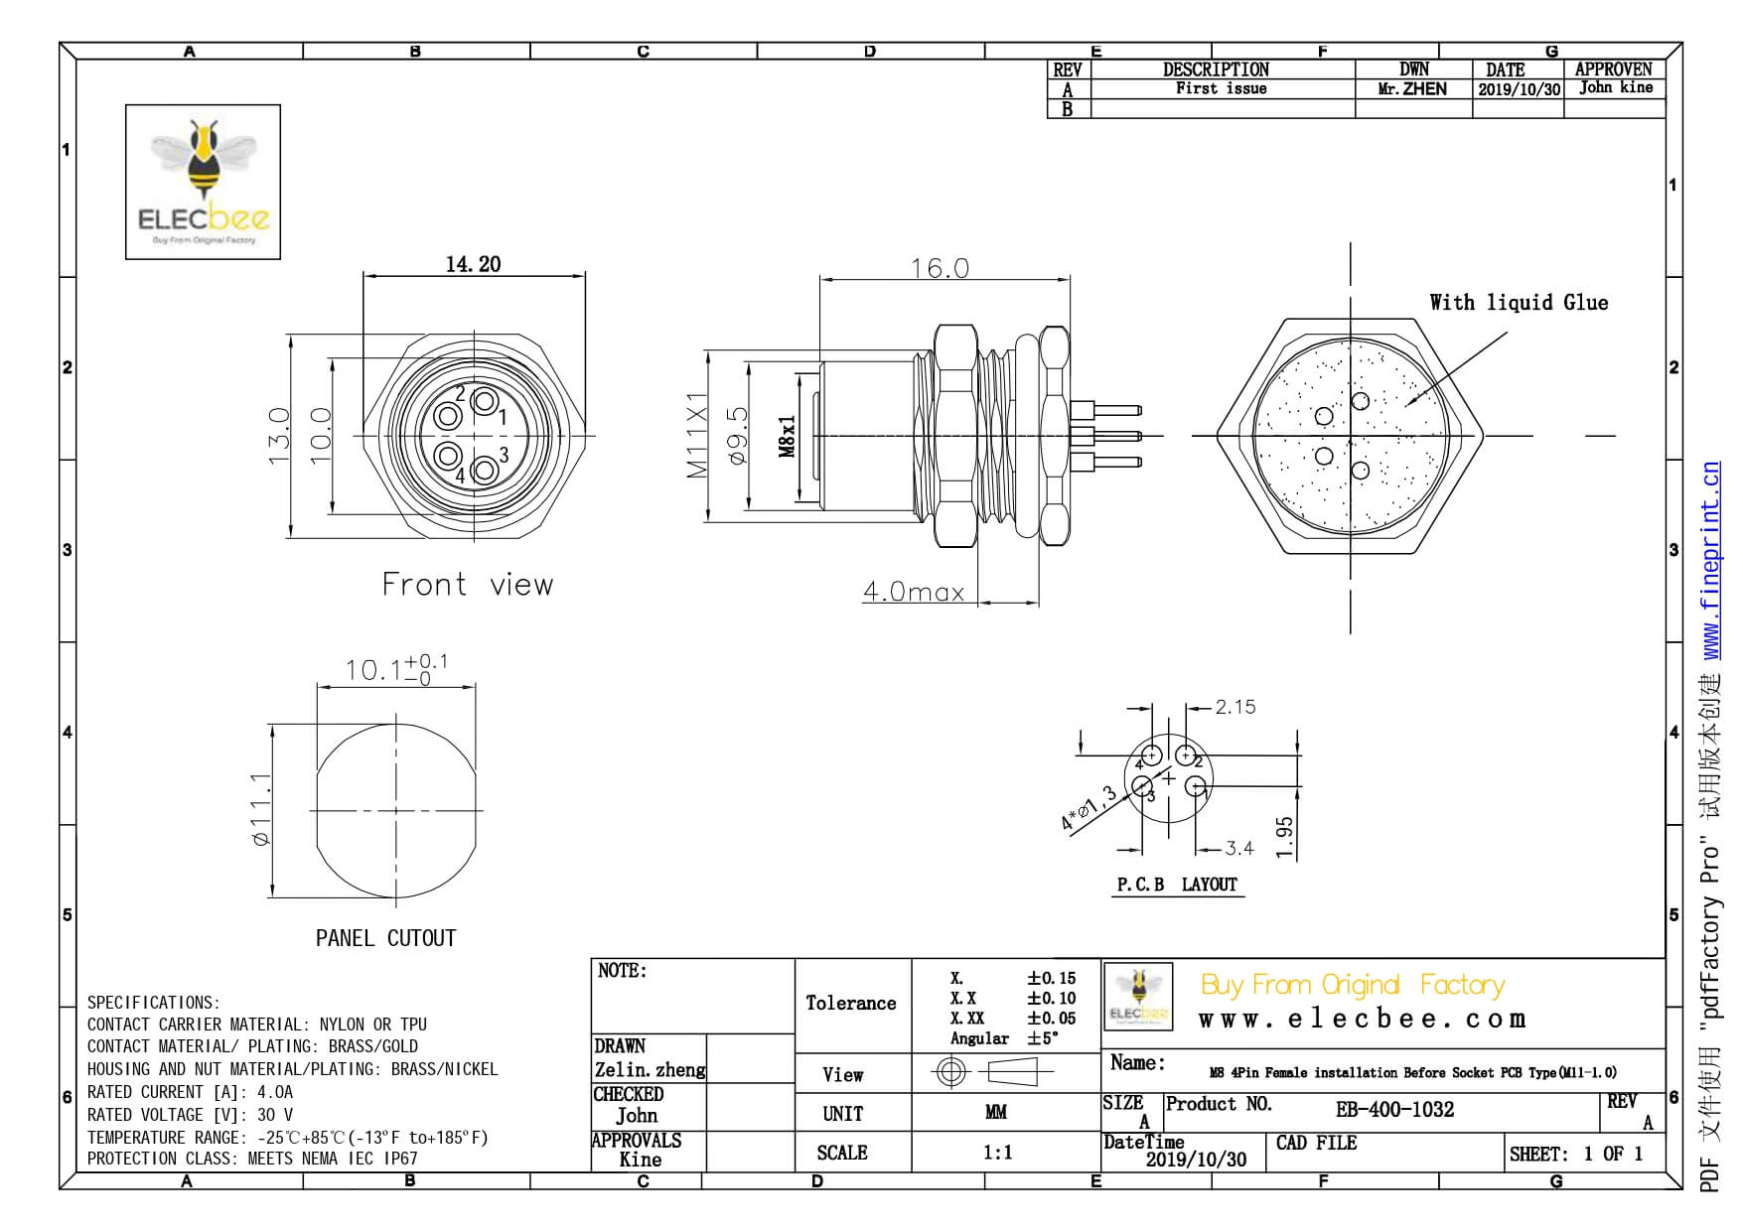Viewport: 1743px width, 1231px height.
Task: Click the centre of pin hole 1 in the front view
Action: pyautogui.click(x=484, y=402)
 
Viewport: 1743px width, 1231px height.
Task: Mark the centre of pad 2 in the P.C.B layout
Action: pyautogui.click(x=1185, y=755)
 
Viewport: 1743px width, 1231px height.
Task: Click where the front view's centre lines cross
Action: pyautogui.click(x=474, y=435)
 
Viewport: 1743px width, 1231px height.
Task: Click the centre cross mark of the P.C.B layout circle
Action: pyautogui.click(x=1169, y=778)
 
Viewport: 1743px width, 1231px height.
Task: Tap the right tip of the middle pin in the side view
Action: pyautogui.click(x=1142, y=435)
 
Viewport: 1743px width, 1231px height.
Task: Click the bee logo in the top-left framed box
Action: pyautogui.click(x=205, y=181)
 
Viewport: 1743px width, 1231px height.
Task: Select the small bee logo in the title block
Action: pyautogui.click(x=1138, y=997)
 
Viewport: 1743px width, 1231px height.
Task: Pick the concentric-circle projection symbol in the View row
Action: pyautogui.click(x=952, y=1072)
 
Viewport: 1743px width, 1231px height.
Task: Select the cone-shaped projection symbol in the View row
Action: pyautogui.click(x=1010, y=1072)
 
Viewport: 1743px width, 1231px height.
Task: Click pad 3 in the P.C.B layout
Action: pyautogui.click(x=1142, y=789)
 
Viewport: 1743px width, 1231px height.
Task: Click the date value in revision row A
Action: pyautogui.click(x=1519, y=88)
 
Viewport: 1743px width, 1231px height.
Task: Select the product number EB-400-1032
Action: pyautogui.click(x=1394, y=1109)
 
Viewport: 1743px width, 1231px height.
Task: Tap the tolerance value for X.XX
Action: pyautogui.click(x=1051, y=1018)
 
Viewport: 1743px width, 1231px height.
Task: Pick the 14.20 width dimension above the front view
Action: pyautogui.click(x=473, y=264)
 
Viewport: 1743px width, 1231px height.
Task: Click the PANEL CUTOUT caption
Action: pyautogui.click(x=385, y=938)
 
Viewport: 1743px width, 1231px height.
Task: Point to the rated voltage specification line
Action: pyautogui.click(x=190, y=1115)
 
